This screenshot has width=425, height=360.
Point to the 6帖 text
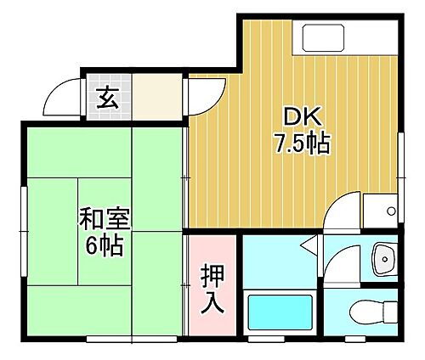(106, 246)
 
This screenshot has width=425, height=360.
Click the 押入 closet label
(212, 289)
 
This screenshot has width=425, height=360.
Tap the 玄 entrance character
(106, 98)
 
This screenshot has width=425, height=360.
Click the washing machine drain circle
(391, 210)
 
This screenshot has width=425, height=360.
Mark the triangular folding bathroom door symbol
(309, 249)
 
